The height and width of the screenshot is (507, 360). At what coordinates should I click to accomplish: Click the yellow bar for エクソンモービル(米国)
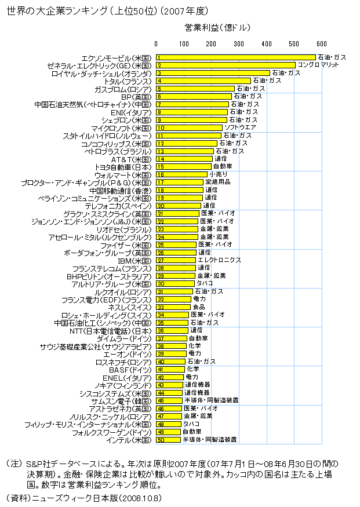click(235, 57)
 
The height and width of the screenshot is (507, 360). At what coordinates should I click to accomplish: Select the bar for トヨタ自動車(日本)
click(183, 166)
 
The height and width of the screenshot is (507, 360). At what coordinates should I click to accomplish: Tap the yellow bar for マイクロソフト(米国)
click(189, 127)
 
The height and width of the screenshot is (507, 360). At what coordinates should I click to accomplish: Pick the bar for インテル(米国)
click(168, 440)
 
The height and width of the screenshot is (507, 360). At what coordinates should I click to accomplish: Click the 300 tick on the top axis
click(239, 44)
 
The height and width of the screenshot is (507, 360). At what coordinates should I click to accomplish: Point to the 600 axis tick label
click(322, 44)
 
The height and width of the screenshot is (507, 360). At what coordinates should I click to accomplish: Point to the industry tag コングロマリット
click(317, 65)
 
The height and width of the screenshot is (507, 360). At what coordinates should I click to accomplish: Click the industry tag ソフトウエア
click(240, 127)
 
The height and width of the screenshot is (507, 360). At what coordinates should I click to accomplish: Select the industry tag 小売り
click(218, 174)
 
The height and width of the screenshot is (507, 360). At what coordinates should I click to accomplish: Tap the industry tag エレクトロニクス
click(220, 260)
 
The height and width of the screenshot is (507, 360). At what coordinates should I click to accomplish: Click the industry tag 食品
click(198, 307)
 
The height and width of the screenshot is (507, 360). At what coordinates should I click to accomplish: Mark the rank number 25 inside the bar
click(161, 245)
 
